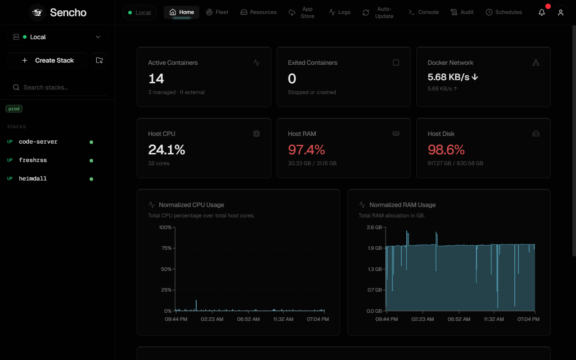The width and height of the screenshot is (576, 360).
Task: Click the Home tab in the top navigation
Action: coord(181,12)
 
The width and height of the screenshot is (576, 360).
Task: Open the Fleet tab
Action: coord(217,12)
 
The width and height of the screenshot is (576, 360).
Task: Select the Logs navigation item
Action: coord(339,12)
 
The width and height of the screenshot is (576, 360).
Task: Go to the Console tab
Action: coord(423,12)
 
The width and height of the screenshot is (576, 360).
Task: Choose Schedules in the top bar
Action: coord(504,12)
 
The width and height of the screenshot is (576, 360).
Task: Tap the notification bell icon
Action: coord(541,12)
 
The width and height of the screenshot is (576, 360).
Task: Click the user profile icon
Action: coord(561,12)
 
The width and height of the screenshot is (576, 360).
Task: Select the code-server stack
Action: coord(38,142)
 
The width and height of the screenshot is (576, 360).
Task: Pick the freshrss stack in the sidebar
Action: coord(33,160)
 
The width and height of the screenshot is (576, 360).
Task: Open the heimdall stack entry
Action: coord(33,179)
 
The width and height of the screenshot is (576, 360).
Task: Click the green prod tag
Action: coord(14,109)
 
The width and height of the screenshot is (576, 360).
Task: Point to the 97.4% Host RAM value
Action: coord(306,150)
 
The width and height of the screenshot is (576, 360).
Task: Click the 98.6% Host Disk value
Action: coord(446,150)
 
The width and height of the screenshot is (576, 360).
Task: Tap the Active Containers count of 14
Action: coord(156,78)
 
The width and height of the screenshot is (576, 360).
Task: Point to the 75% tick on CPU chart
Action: coord(166,248)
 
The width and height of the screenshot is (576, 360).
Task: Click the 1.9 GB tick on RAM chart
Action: coord(375,248)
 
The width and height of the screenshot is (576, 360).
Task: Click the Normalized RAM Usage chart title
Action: coord(402,205)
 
